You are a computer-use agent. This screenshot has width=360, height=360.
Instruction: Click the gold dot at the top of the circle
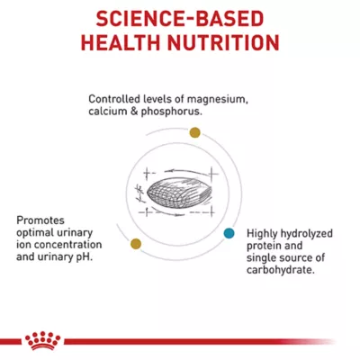[194, 132]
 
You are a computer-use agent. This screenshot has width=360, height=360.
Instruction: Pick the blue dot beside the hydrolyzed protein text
[229, 232]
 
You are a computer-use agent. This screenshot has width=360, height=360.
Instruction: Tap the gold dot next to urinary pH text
[136, 243]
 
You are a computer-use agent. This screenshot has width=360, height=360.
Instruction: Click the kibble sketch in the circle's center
[176, 191]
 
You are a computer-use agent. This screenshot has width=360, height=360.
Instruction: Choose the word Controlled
[116, 99]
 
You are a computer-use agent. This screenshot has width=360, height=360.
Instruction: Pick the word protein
[259, 245]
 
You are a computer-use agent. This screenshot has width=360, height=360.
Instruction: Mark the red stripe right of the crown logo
[207, 342]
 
